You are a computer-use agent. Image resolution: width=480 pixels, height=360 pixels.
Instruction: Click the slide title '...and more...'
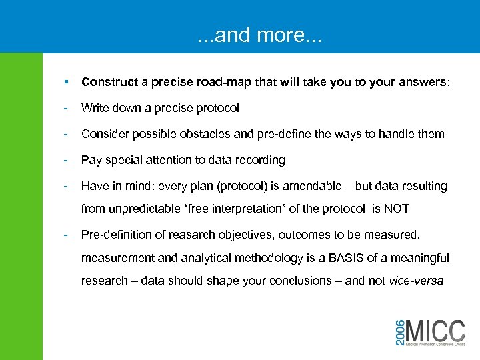(259, 34)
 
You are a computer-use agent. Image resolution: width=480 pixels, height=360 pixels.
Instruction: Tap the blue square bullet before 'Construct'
(65, 82)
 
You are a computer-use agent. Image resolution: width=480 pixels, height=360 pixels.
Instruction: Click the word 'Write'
(95, 108)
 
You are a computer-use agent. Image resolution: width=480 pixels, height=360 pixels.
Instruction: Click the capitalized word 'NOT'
(396, 209)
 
